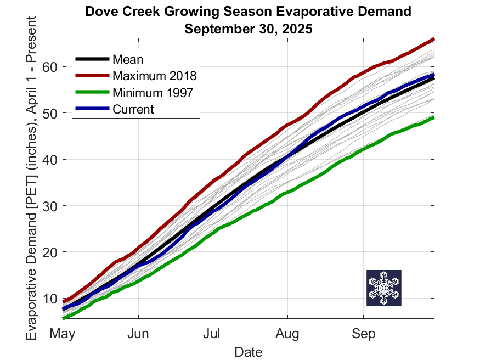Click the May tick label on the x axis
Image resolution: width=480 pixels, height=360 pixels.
pos(63,333)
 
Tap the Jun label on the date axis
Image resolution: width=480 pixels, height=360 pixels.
pos(138,333)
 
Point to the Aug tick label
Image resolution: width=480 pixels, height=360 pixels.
pos(287,333)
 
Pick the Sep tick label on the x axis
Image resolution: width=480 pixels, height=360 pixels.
pos(363,333)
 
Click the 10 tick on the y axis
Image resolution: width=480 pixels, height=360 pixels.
pos(50,298)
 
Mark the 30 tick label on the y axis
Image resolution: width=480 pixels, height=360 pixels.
pos(50,206)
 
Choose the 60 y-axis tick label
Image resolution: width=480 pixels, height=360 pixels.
pos(50,67)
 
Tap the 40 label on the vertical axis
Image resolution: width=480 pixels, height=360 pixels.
pos(50,160)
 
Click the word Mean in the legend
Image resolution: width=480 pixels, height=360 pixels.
pos(127,59)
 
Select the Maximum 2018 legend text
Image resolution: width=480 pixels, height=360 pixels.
pos(154,76)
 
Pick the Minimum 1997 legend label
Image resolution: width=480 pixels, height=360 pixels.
pos(153,92)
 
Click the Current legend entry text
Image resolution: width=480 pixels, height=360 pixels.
pos(133,109)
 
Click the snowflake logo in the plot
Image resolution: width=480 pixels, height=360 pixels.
pos(384,288)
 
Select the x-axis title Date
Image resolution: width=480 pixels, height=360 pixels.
pos(249,351)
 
